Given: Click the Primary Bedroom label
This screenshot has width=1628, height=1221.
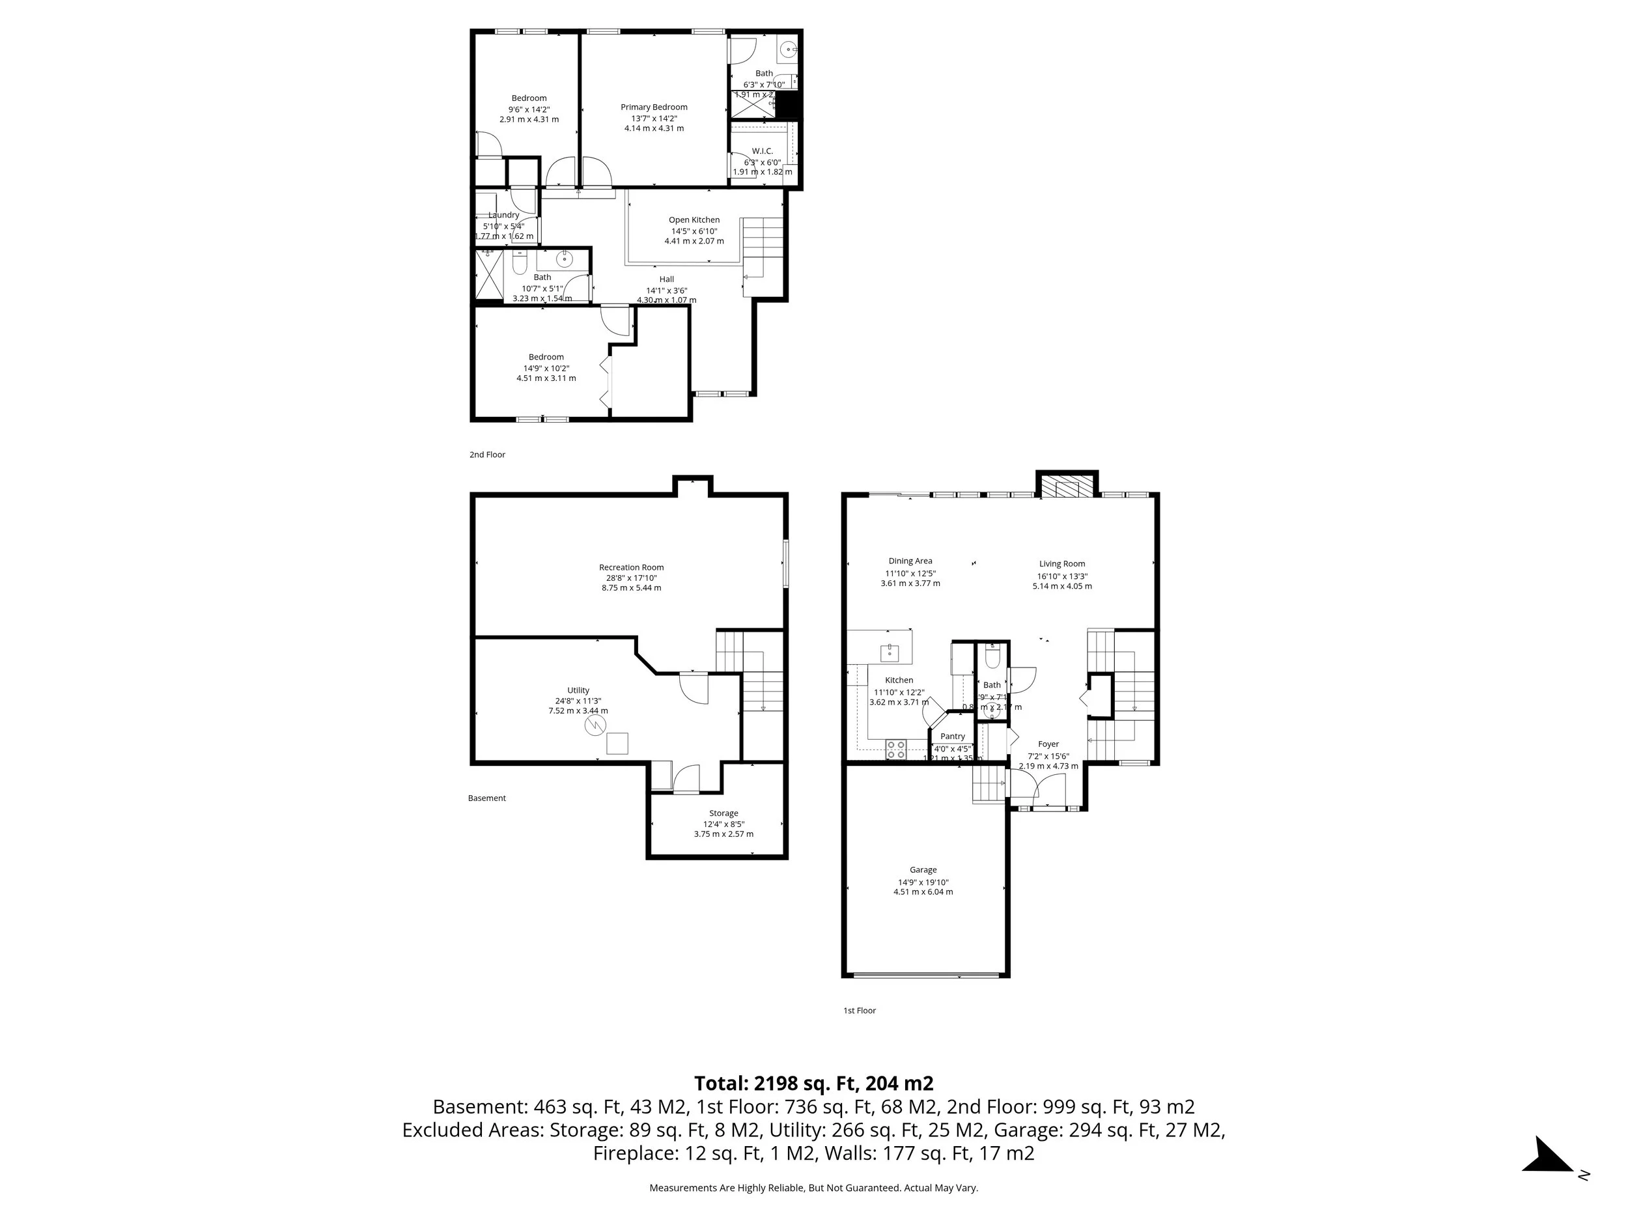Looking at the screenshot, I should pos(654,107).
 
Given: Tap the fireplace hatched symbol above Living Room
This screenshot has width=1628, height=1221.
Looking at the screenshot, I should pos(1067,488).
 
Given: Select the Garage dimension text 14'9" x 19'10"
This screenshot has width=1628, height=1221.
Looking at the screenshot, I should pos(923,882).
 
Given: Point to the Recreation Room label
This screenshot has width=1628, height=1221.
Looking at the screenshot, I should pos(631,567).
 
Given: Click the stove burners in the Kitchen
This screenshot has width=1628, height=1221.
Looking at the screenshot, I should pos(895,750).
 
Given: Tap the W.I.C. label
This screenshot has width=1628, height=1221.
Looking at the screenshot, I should pos(763,151).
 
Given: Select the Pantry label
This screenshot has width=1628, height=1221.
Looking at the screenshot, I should pos(952,737).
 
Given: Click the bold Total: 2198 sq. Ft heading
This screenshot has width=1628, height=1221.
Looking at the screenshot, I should pos(813,1084).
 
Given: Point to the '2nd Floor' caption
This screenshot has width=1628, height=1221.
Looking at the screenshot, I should pos(487,455).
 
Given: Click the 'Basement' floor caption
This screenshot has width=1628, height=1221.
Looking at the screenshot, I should pos(486,798).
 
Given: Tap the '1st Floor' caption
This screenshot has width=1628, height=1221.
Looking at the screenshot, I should pos(859,1011).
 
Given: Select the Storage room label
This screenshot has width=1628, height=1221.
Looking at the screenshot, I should pos(723,813).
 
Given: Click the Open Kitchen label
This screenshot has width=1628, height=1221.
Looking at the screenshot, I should pos(694,220).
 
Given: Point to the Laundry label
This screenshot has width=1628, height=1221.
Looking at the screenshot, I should pos(503,216).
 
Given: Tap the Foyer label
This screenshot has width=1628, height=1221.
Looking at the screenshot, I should pos(1048,744).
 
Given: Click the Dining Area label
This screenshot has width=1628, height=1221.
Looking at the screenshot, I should pos(910,561).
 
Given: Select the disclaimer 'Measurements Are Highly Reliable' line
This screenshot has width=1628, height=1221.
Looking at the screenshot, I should pos(813,1188).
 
